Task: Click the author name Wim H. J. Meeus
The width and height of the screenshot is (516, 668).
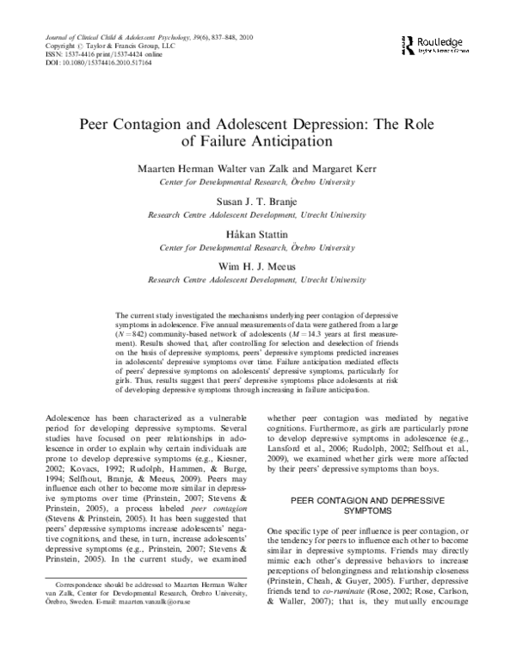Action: (x=258, y=267)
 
